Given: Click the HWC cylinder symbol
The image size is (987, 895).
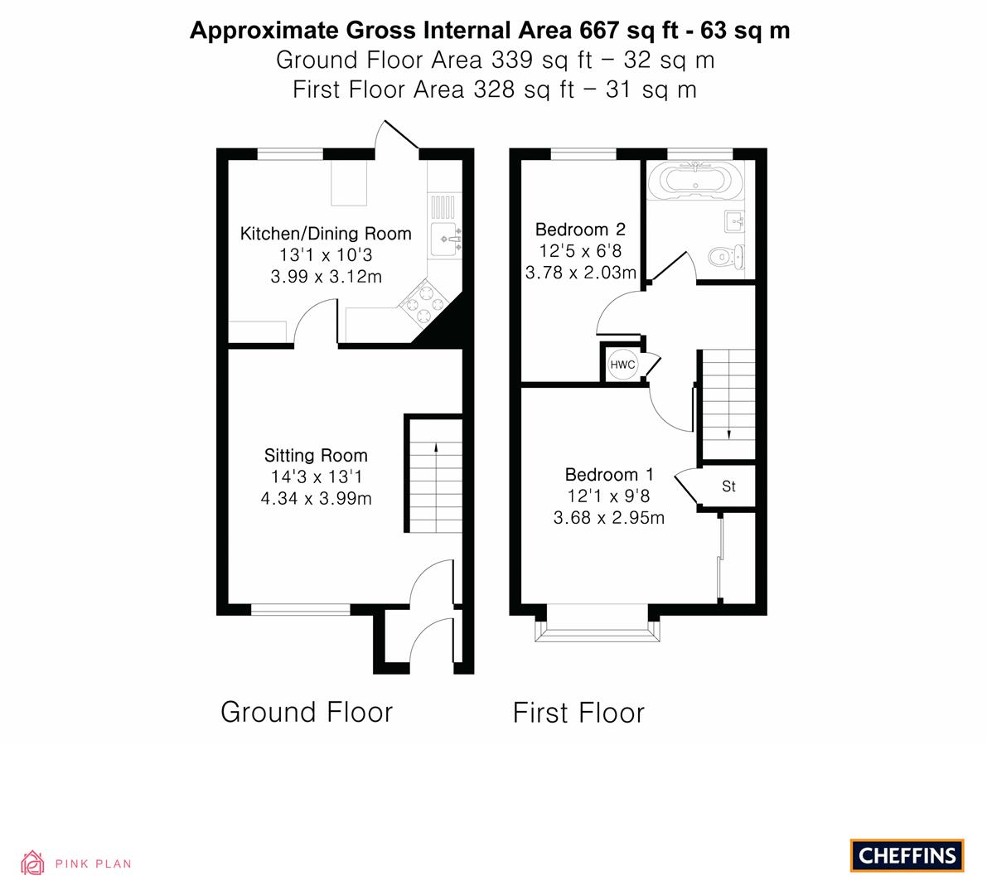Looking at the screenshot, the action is click(x=622, y=365).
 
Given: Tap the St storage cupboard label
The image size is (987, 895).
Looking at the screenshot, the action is click(x=729, y=486).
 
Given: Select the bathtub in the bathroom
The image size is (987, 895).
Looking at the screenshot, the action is click(x=695, y=180).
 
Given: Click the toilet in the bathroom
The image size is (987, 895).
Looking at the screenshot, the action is click(x=727, y=257).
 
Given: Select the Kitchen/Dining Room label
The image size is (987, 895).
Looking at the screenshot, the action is click(x=326, y=235).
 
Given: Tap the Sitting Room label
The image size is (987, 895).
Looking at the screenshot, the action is click(x=316, y=455).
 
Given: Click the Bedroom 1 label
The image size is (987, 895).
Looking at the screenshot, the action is click(x=609, y=475).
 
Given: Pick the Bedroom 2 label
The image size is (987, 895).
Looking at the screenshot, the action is click(x=580, y=229).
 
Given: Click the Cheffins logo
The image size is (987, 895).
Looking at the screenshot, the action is click(x=907, y=855).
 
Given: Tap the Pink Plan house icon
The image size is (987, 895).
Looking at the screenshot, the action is click(x=32, y=863).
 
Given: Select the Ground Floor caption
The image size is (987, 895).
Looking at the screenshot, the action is click(x=307, y=713).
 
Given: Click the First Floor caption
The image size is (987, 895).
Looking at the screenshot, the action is click(x=578, y=714).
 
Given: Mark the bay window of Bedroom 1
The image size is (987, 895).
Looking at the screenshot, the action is click(x=598, y=623).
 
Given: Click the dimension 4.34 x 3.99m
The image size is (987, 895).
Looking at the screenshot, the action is click(x=316, y=499).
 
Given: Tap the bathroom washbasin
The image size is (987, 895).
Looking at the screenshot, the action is click(x=734, y=221).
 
